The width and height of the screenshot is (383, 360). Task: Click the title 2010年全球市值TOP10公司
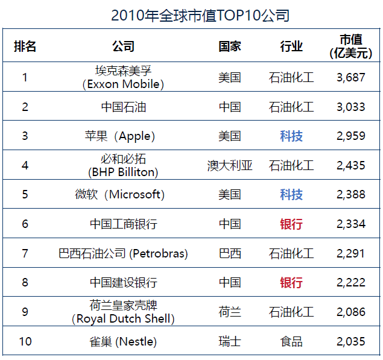coord(192,15)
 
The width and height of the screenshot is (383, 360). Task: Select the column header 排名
coord(25,47)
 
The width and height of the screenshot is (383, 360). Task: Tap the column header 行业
coord(291,47)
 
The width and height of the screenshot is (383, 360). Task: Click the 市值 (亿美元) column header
coord(351,46)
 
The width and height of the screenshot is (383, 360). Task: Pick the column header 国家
coord(230,47)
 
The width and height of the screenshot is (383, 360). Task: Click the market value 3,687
coord(351,77)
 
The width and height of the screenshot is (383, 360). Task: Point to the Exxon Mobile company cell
coord(123,77)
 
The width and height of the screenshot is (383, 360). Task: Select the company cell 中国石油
coord(123,107)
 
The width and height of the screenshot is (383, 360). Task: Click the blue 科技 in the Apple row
coord(291,136)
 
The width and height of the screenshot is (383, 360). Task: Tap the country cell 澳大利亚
coord(230,165)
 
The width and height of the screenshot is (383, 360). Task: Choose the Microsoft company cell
coord(123,195)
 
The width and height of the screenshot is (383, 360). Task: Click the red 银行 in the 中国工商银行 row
coord(291,224)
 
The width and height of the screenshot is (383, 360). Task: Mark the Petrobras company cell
coord(123,253)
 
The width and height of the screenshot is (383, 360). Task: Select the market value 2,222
coord(351,283)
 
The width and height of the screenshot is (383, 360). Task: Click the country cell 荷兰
coord(230,312)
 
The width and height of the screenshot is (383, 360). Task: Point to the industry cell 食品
coord(291,341)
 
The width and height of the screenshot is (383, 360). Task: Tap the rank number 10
coord(25,341)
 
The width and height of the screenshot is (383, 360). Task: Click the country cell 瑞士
coord(230,341)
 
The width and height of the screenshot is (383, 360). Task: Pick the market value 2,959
coord(351,136)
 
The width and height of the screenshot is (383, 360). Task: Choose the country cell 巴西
coord(230,253)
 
